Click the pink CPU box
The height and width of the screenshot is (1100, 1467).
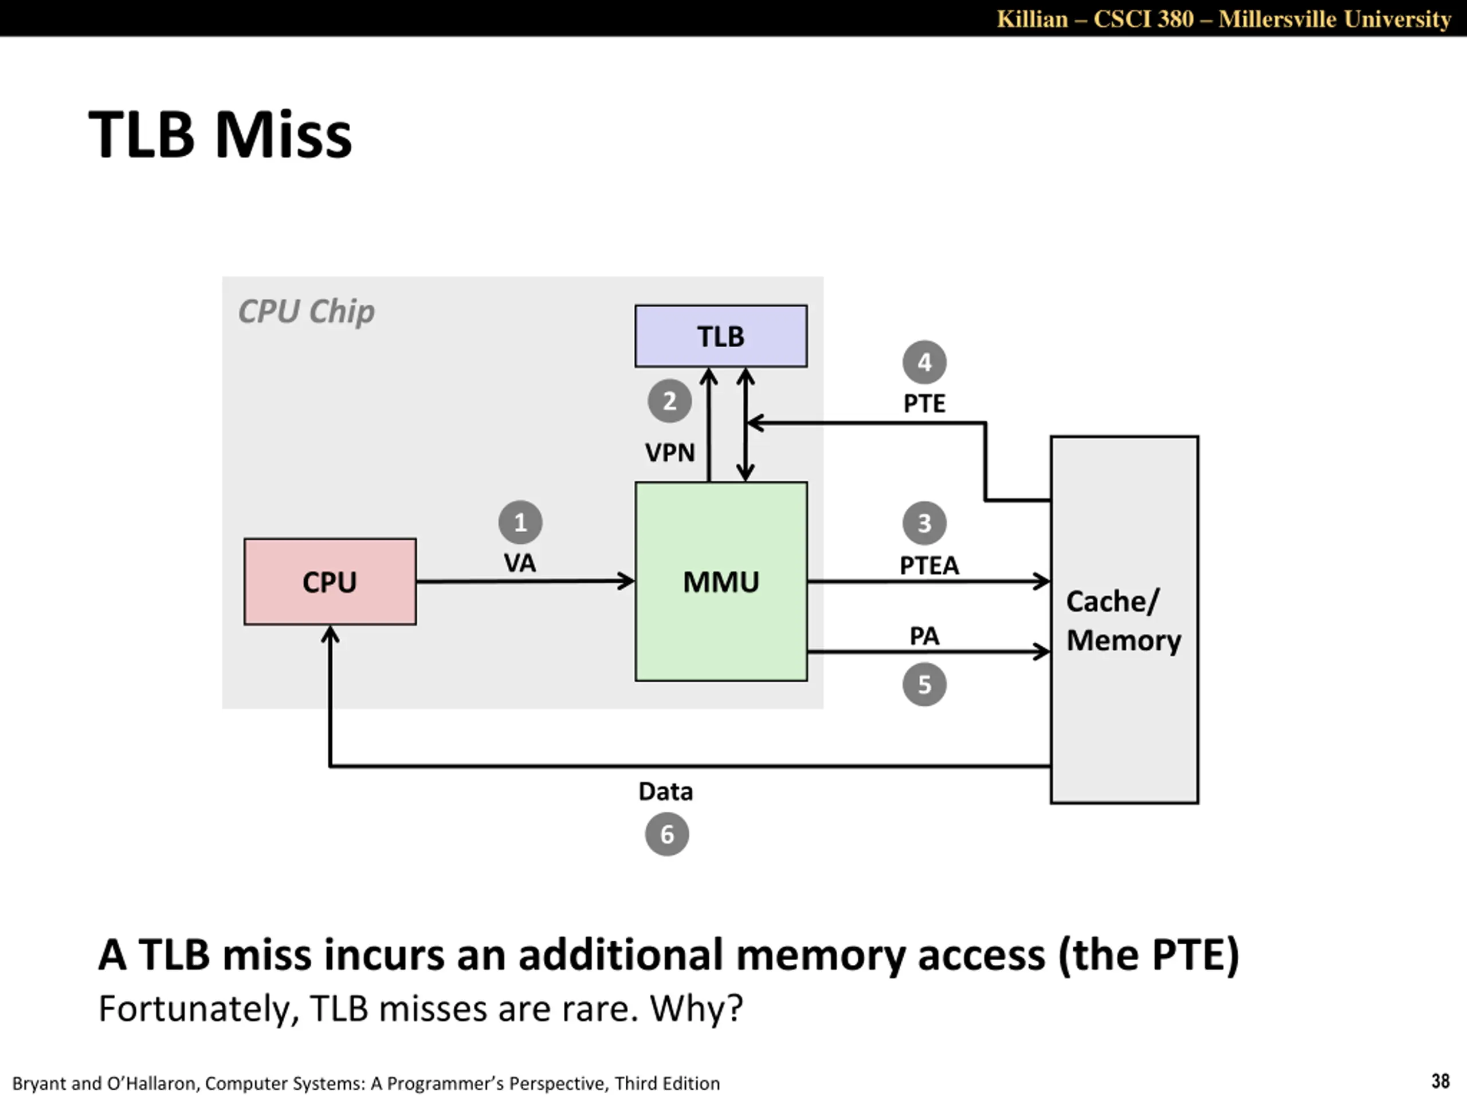point(330,582)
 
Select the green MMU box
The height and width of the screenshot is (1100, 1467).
point(721,582)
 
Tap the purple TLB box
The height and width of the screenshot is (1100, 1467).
point(721,336)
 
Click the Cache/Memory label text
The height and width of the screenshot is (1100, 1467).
point(1124,620)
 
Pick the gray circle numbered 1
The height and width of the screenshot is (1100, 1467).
point(520,522)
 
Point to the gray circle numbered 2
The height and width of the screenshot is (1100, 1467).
point(669,401)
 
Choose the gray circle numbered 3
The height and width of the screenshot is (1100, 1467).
point(924,523)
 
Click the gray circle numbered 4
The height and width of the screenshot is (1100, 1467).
point(924,362)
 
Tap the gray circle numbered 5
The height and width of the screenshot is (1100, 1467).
point(924,684)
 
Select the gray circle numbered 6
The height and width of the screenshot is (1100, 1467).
point(666,834)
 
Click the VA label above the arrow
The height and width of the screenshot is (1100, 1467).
point(519,564)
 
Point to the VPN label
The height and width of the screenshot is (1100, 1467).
point(670,453)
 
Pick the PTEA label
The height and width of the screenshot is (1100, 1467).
point(929,565)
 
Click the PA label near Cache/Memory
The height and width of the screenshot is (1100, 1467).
point(924,636)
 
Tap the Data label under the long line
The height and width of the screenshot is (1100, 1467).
point(665,792)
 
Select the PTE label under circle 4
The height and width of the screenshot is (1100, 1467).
point(924,403)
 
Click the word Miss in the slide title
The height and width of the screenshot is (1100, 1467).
point(283,135)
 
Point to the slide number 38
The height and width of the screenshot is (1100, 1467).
point(1441,1082)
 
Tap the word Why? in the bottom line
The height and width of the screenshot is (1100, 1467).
point(696,1008)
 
